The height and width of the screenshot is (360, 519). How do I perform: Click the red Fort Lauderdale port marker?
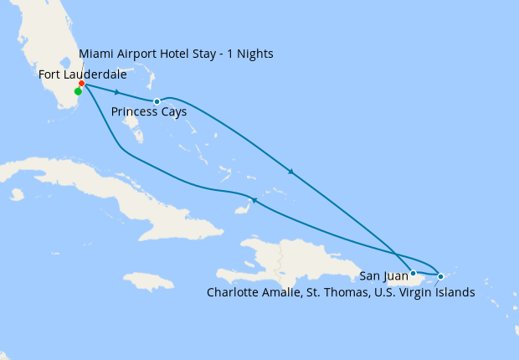[x=81, y=84]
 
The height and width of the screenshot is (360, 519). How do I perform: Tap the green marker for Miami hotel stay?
[x=78, y=92]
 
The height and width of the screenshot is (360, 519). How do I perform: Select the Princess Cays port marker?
[x=157, y=101]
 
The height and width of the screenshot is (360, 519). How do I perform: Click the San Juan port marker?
[x=413, y=273]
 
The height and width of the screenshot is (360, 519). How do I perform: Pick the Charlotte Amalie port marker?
[x=441, y=275]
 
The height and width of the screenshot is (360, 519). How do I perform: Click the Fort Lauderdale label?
[x=83, y=75]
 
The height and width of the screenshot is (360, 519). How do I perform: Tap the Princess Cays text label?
[x=148, y=111]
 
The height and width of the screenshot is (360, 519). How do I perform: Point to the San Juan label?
[x=383, y=274]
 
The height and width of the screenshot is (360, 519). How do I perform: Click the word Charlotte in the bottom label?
[x=233, y=292]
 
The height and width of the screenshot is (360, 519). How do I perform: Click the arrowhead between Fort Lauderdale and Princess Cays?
[x=117, y=92]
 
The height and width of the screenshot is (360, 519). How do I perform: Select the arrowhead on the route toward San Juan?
[x=290, y=172]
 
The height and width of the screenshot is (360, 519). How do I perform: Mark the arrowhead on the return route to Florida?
[x=254, y=200]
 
